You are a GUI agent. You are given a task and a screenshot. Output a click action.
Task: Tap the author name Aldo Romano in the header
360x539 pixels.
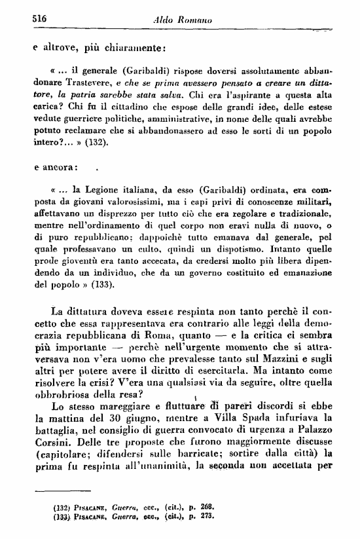[x=184, y=20]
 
